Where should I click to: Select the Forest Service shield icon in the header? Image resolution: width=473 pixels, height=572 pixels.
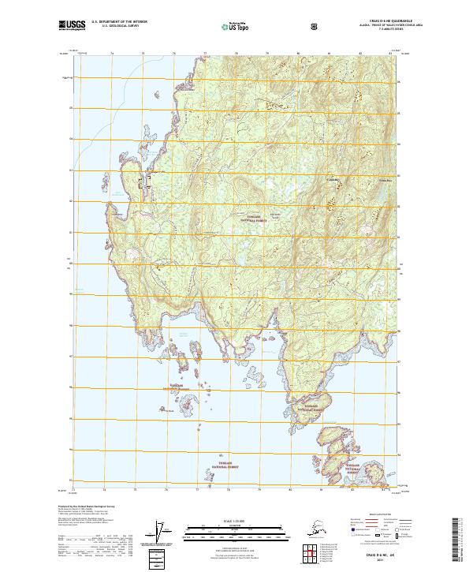315,26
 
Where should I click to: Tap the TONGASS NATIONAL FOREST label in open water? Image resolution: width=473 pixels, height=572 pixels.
226,466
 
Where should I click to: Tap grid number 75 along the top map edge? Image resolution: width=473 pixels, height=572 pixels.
143,54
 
